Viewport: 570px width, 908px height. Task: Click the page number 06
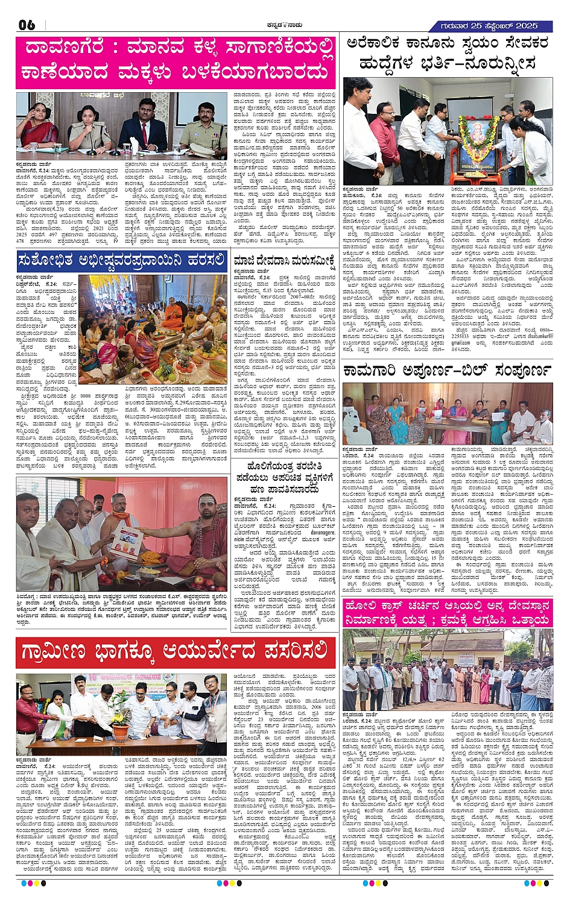pos(27,25)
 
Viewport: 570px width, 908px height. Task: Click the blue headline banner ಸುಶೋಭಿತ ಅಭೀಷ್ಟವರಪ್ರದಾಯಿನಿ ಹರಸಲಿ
pos(121,260)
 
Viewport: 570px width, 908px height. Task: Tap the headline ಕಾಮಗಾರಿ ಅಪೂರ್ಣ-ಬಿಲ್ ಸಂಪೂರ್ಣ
pos(447,369)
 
